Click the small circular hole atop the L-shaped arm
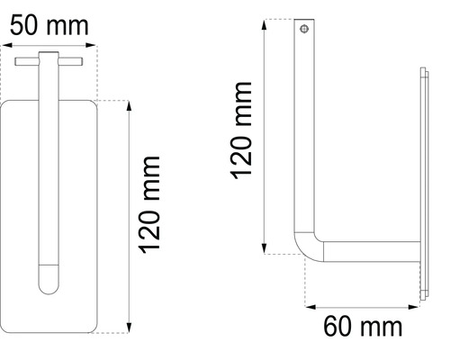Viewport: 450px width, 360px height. (306, 30)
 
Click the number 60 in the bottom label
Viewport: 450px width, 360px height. (340, 326)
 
